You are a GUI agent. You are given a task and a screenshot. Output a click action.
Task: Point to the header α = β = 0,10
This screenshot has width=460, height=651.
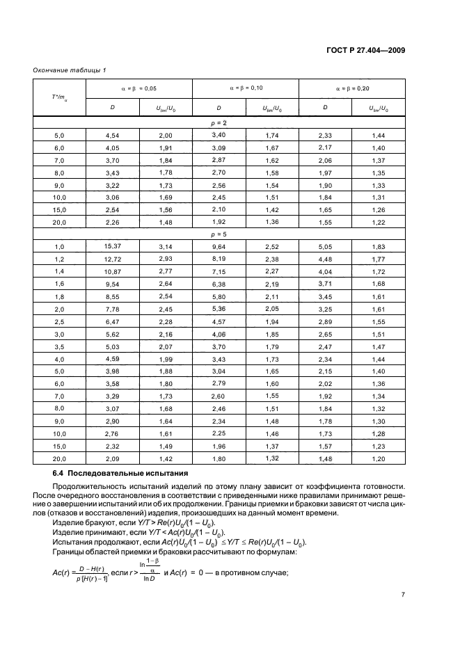[x=245, y=88]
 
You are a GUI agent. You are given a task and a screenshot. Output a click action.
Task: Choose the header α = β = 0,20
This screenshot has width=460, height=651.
[x=352, y=88]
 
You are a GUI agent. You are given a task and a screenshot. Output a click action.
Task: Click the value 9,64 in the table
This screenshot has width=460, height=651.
[x=219, y=246]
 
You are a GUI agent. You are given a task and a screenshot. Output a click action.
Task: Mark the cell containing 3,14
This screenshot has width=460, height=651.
[x=165, y=246]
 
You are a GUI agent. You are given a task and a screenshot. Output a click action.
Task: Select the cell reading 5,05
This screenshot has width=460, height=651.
[x=325, y=246]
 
